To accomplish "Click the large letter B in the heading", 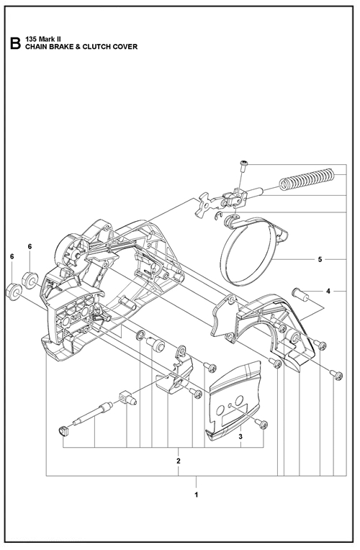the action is (15, 43).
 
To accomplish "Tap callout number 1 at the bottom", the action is (197, 495).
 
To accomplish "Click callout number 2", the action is (179, 461).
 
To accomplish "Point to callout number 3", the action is (240, 437).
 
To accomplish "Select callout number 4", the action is (328, 291).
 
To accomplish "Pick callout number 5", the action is (320, 260).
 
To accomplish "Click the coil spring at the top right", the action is (306, 179).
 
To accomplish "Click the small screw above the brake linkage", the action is (243, 166).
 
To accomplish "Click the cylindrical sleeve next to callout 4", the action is (300, 294).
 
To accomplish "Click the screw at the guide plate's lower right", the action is (262, 425).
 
